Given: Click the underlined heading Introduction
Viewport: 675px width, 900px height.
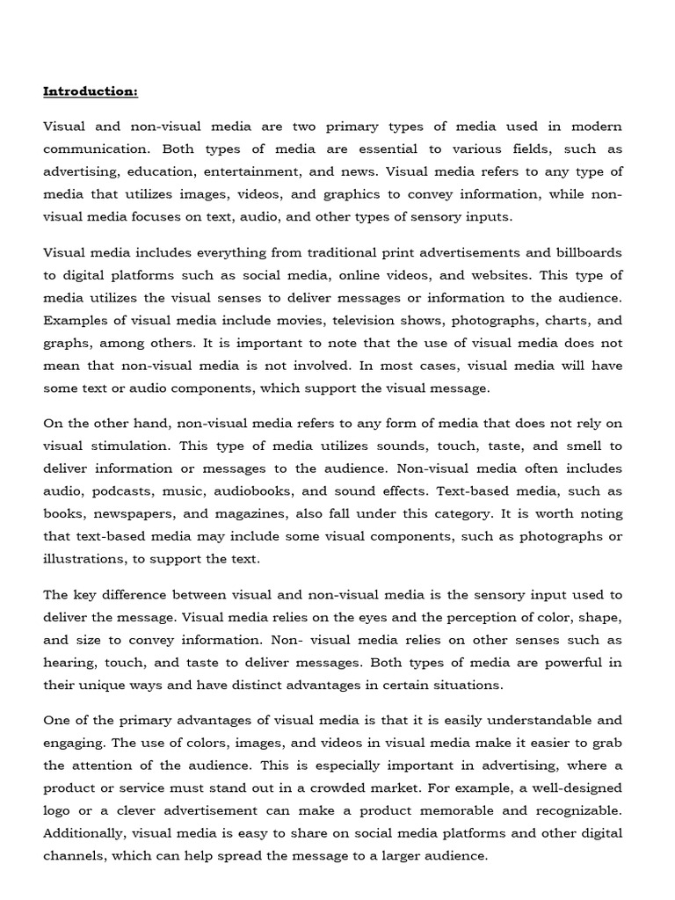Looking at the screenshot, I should pos(91,91).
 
